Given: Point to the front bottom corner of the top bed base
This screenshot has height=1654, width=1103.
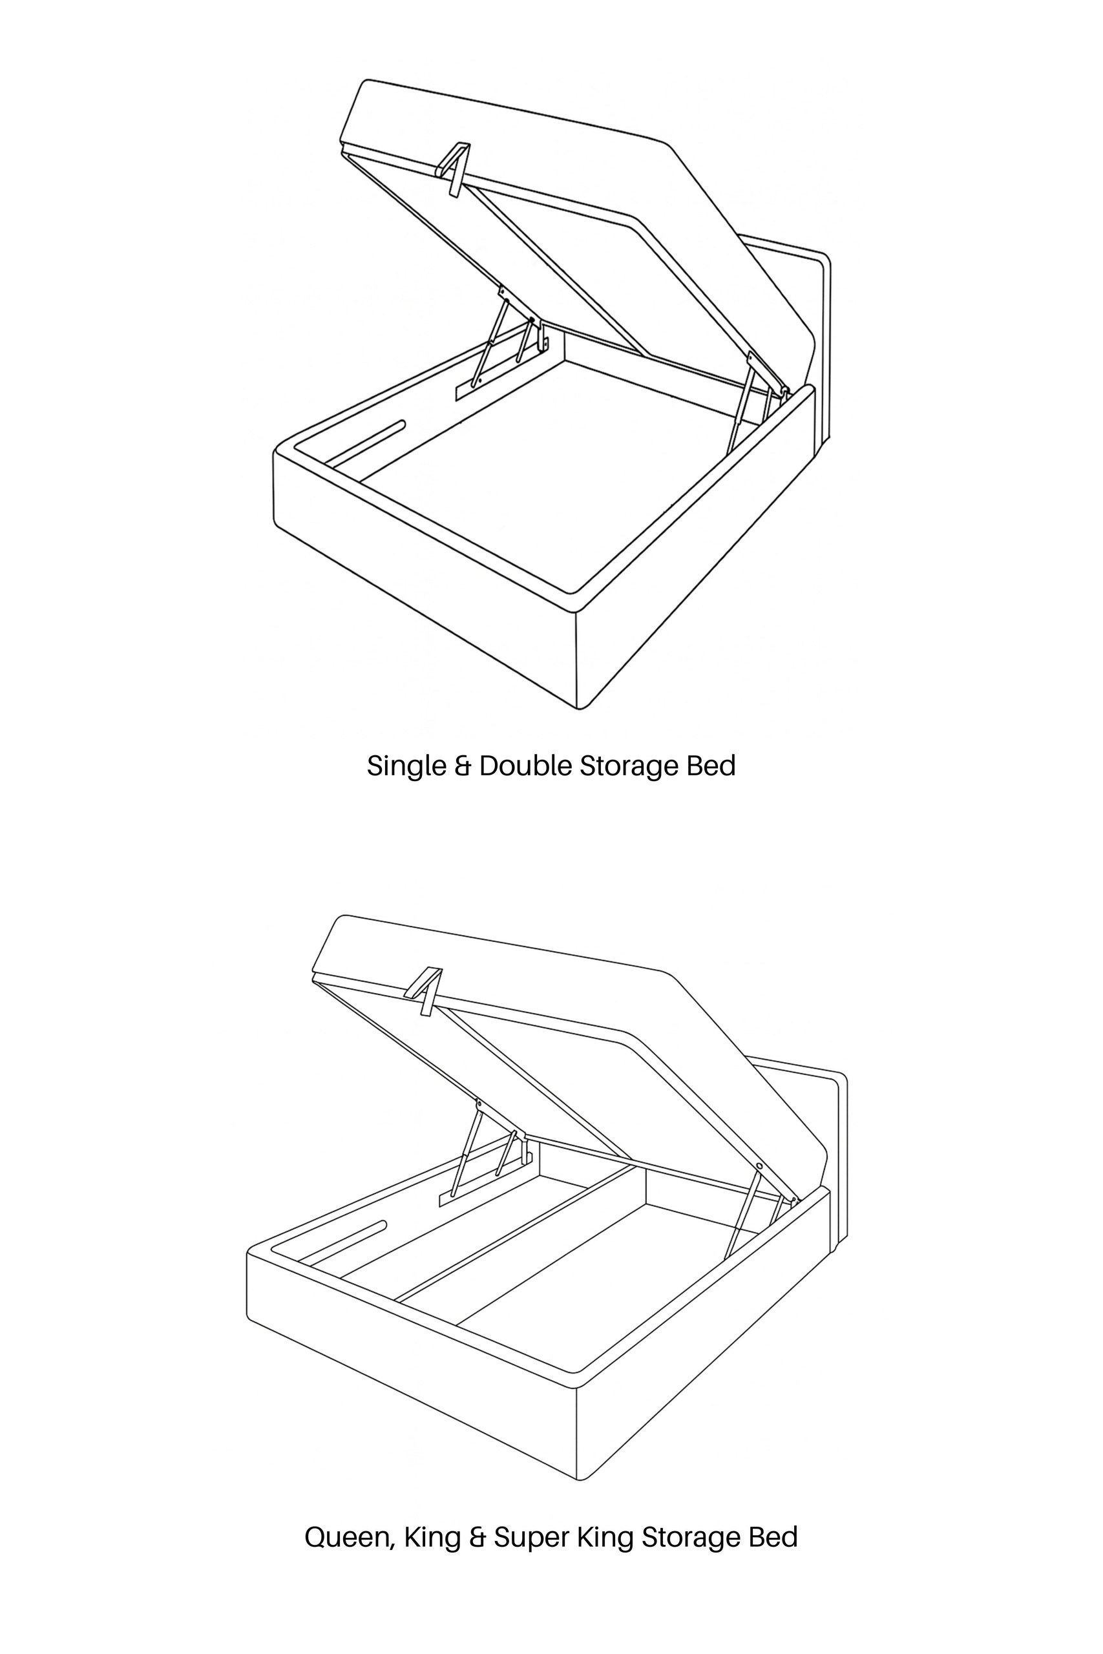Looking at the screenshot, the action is click(579, 709).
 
